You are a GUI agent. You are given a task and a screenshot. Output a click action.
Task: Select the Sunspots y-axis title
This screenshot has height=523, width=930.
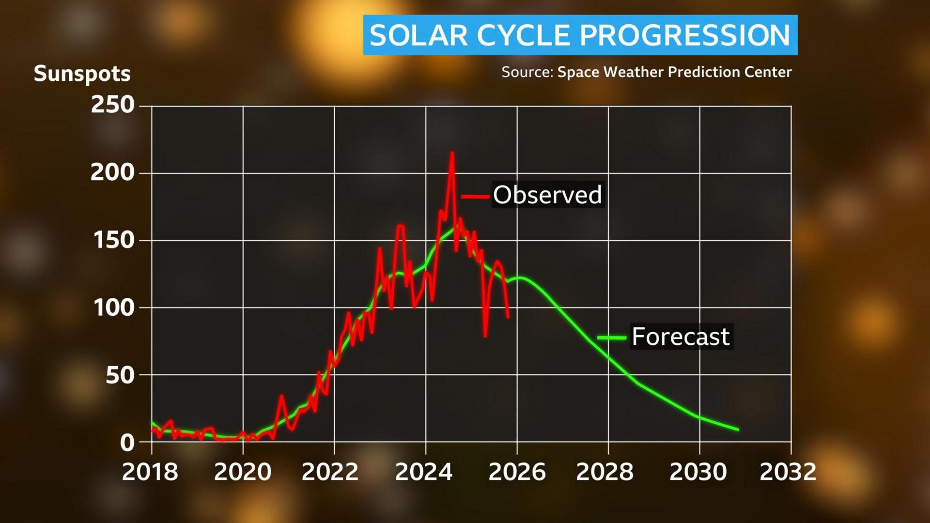point(82,74)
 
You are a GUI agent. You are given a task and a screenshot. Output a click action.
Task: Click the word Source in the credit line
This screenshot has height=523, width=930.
point(526,72)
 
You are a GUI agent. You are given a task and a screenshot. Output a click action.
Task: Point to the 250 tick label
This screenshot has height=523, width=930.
point(113,105)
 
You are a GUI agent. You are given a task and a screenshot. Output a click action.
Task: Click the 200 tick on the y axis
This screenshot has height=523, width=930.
point(113,172)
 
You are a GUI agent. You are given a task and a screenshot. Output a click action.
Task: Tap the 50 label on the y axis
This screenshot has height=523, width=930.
point(120,375)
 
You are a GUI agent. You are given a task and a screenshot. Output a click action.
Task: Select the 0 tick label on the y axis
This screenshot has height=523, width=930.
point(127,442)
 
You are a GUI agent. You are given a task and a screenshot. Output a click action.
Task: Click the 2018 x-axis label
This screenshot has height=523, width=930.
point(150,472)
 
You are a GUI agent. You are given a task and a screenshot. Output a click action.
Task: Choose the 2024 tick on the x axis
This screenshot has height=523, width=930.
point(424,472)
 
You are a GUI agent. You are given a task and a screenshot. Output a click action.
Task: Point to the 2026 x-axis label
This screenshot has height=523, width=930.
point(517,472)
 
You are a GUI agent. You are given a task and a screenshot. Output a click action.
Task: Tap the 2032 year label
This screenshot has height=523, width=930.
point(788,472)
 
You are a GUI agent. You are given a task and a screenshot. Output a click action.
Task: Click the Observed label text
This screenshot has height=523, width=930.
point(547,195)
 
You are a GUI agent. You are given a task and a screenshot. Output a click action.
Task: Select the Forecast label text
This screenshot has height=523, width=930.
point(681,337)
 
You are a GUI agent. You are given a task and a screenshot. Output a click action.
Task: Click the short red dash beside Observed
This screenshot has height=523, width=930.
point(475,196)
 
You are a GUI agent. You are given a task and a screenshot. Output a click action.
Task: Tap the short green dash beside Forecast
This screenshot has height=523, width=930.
point(611,338)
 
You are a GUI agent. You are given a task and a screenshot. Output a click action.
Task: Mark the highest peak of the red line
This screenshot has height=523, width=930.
point(452,153)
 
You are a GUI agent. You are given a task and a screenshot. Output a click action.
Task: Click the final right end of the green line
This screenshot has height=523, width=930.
point(738,430)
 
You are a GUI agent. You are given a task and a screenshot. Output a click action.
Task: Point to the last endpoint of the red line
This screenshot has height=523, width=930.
point(508,318)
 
